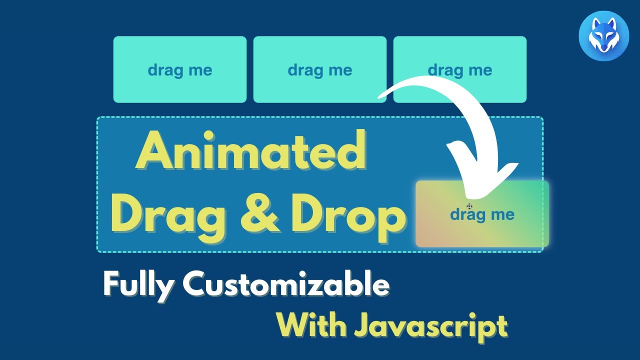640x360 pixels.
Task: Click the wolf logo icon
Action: (x=604, y=36)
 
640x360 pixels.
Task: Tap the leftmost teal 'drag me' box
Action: (x=180, y=69)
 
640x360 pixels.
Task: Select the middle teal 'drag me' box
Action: (x=320, y=69)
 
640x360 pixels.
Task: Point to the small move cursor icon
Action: (x=469, y=206)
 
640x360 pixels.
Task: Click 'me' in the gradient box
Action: (x=502, y=215)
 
